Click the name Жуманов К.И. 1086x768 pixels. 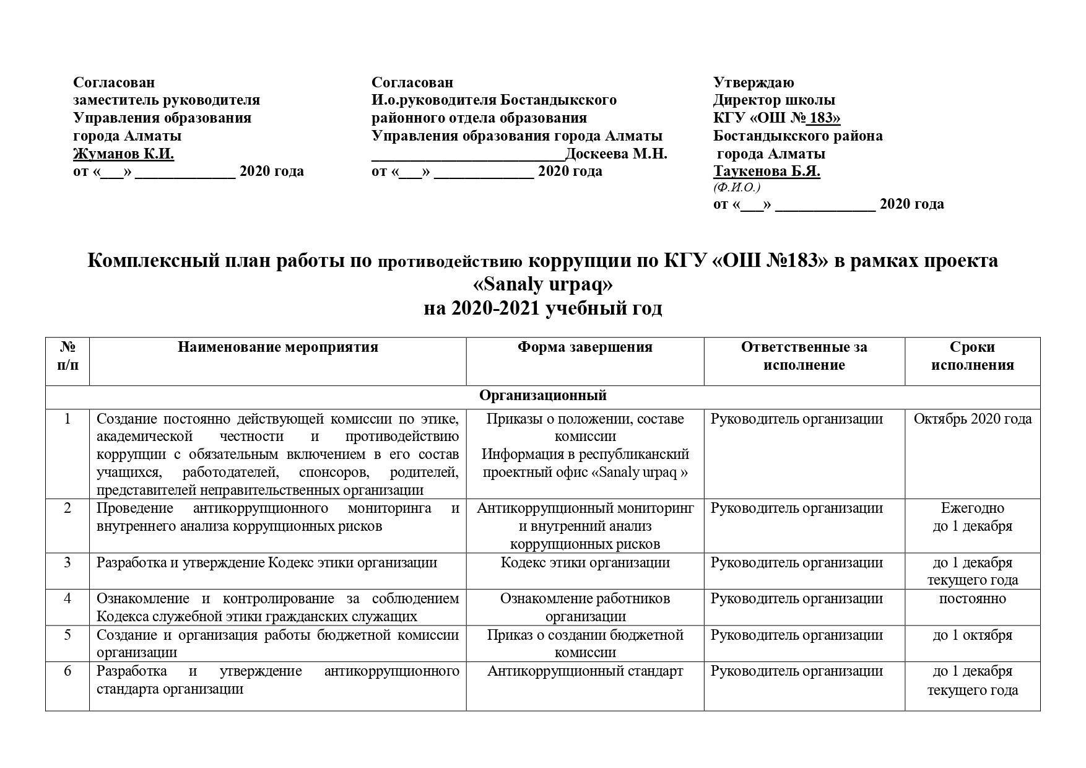[x=123, y=154]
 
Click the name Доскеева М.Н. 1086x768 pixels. [x=616, y=154]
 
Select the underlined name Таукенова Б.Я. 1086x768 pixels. [x=767, y=171]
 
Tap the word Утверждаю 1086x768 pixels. [x=754, y=82]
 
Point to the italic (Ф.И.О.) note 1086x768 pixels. [x=737, y=187]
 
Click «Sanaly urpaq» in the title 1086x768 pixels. [x=542, y=284]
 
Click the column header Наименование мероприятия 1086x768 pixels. [x=277, y=347]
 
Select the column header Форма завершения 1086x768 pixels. [x=585, y=347]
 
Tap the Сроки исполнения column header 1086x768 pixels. [x=972, y=356]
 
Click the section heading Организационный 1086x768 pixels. [x=543, y=395]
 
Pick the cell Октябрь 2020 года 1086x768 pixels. [x=972, y=419]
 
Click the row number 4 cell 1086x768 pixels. [x=67, y=599]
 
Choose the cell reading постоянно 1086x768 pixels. [x=972, y=599]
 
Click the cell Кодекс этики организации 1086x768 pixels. [x=585, y=563]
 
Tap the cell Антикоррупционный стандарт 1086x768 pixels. [x=585, y=671]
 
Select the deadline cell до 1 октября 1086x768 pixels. [x=972, y=635]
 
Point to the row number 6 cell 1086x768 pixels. [x=67, y=671]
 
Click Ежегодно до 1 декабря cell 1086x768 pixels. [x=972, y=517]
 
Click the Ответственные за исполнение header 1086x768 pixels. [x=804, y=356]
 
